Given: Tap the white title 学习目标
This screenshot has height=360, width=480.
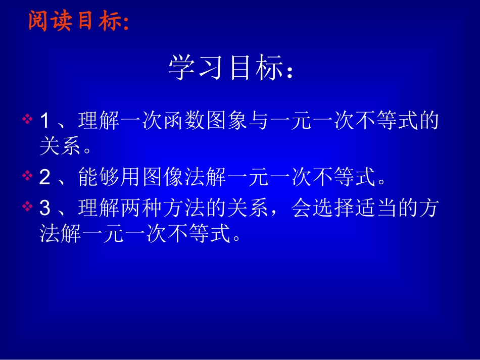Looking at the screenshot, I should click(x=230, y=68).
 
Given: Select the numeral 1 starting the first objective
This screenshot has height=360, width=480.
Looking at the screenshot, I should click(x=44, y=121).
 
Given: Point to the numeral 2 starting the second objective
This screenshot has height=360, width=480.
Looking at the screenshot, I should click(x=44, y=176).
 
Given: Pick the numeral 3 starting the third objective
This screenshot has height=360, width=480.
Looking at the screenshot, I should click(x=44, y=208).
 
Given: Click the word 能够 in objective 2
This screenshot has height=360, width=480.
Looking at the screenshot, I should click(x=99, y=177).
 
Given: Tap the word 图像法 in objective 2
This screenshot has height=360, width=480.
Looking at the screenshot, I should click(x=173, y=177).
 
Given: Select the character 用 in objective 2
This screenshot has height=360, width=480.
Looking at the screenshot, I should click(x=131, y=177).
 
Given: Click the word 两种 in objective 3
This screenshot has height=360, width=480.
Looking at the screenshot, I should click(x=141, y=208).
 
